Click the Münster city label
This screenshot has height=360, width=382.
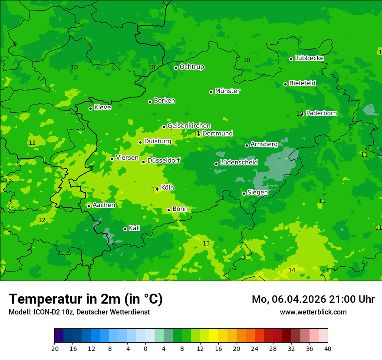pos(227,91)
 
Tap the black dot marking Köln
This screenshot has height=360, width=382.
pos(157,189)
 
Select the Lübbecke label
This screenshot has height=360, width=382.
pos(309,58)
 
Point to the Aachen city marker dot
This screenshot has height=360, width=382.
pos(89,206)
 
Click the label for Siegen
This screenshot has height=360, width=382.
pos(257,193)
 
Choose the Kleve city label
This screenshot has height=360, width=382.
pos(102,108)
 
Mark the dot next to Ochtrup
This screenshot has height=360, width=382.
pos(176,68)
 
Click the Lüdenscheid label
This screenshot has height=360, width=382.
pos(239,163)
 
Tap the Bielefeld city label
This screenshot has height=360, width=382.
pos(302,83)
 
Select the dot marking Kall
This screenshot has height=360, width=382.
pos(125,229)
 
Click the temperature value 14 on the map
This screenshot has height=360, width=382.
pos(292,270)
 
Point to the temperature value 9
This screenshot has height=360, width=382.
pos(15,44)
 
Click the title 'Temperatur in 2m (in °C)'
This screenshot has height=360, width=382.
pos(86,299)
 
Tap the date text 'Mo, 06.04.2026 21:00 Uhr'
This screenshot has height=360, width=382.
pos(313,299)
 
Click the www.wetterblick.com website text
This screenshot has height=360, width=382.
pos(313,312)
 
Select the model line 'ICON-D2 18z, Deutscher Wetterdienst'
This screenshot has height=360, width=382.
pos(79,312)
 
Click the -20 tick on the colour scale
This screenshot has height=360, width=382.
pos(54,348)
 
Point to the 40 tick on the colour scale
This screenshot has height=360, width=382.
pos(328,348)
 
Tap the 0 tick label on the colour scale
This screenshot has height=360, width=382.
pos(145,348)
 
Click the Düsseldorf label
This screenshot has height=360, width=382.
pos(164,160)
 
